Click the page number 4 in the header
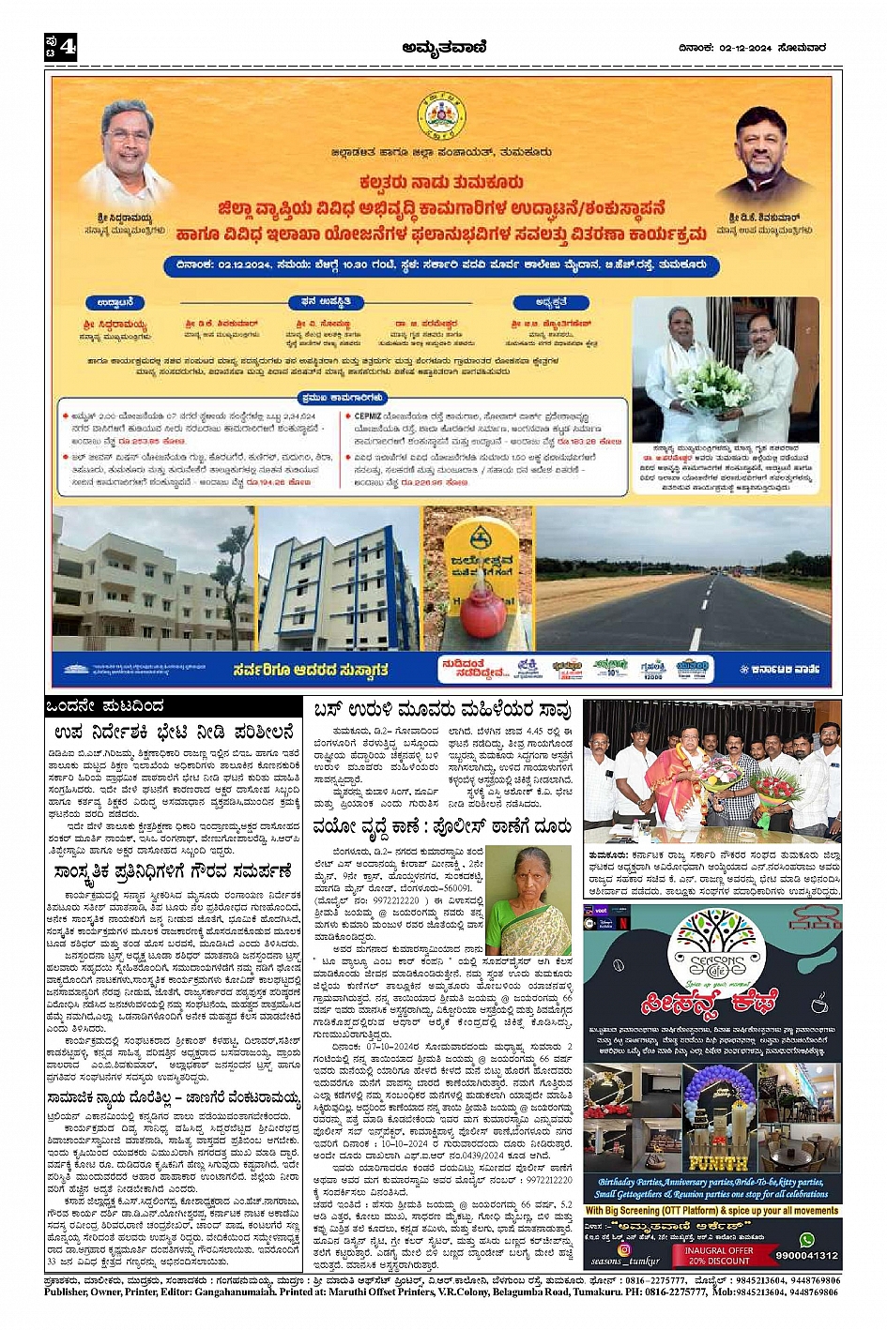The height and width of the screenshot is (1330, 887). [68, 46]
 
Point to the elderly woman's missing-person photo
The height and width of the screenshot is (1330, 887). [528, 899]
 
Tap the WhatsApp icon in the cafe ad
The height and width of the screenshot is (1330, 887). [805, 1240]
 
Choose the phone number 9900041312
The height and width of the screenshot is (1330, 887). [806, 1255]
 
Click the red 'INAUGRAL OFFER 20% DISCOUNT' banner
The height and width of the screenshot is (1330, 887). [718, 1255]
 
